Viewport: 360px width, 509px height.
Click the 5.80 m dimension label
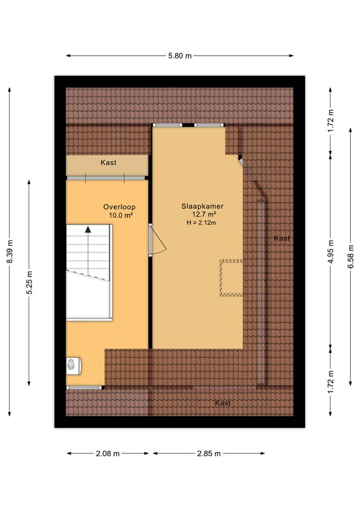pos(180,56)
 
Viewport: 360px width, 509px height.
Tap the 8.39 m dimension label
pos(9,251)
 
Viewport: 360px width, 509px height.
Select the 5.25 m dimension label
pos(29,282)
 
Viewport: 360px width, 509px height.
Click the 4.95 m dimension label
pos(331,251)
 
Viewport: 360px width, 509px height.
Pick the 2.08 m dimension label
pos(106,453)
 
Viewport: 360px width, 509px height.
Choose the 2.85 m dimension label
pos(209,453)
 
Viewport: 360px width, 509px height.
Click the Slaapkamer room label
pos(203,206)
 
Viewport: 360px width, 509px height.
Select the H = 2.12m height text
pos(203,223)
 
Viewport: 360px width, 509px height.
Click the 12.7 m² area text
pos(203,215)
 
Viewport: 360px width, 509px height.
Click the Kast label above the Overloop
pos(109,163)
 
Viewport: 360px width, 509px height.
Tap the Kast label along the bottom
pos(223,403)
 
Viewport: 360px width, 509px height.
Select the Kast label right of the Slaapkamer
pos(282,238)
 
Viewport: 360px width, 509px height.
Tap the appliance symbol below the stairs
pos(72,365)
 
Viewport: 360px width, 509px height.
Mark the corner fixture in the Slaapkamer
pos(241,160)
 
